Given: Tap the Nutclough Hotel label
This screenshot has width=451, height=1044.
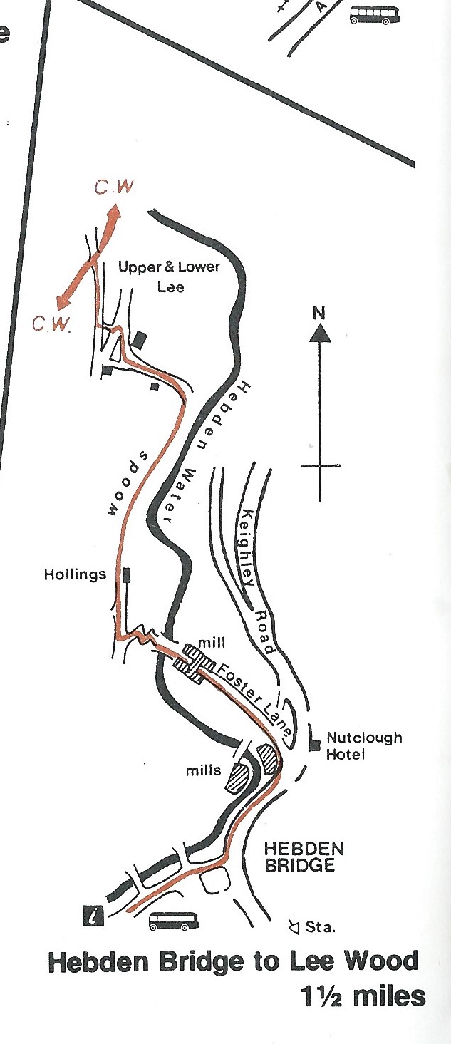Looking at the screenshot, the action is (363, 745).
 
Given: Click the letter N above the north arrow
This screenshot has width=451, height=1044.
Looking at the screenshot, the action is (319, 312).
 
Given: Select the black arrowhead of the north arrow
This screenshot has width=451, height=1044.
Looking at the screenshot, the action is (320, 333).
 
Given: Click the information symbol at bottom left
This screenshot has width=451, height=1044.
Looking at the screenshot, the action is (94, 915).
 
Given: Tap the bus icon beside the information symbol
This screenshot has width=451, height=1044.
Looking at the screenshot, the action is (173, 922).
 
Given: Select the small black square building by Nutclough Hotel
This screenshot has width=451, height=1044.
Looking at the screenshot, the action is (314, 745).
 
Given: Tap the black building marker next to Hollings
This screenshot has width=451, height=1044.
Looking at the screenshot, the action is (127, 574).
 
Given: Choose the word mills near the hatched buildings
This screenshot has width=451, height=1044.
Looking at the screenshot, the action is (204, 770).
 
